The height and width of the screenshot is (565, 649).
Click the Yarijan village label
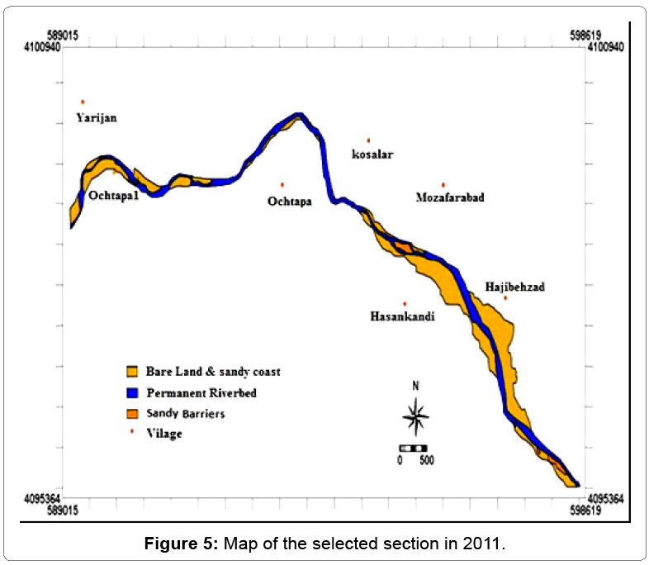97,118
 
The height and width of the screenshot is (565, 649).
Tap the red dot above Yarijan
83,102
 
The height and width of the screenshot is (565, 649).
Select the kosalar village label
372,154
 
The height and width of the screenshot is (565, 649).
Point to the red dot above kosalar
368,140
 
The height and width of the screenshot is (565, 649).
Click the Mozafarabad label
450,198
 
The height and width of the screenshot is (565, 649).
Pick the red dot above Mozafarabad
443,184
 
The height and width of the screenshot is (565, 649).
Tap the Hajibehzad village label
515,287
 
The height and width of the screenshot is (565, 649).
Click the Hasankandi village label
403,316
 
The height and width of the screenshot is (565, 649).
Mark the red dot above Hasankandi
405,303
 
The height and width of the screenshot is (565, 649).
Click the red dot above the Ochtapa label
282,184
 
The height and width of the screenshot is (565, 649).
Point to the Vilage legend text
164,433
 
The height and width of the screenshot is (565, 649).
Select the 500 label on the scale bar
426,460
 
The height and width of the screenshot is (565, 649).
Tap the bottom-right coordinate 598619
584,512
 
